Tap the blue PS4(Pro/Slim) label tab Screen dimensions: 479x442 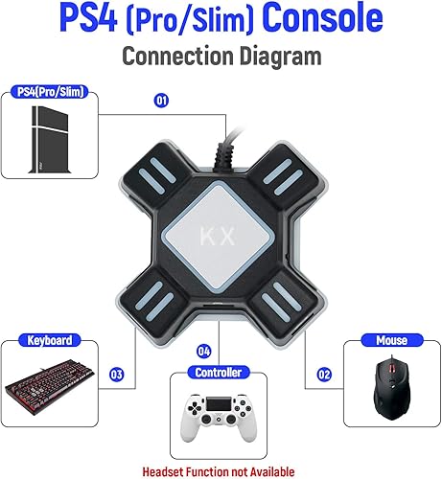(x=53, y=91)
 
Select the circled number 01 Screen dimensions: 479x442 (x=161, y=99)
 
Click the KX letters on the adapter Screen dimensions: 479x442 (x=221, y=233)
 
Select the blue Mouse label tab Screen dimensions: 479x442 (x=391, y=340)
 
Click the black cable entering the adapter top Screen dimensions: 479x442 (x=228, y=144)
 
